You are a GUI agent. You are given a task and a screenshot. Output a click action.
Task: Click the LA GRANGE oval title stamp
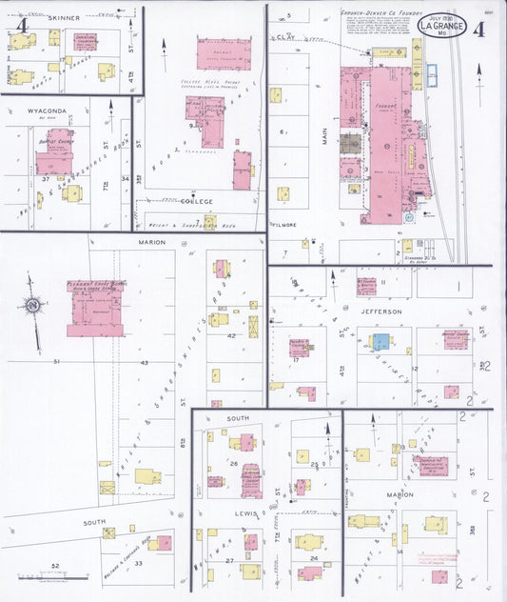coord(442,26)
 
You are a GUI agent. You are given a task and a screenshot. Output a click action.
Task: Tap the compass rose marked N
coord(34,307)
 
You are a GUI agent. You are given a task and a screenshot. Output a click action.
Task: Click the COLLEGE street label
coord(196,202)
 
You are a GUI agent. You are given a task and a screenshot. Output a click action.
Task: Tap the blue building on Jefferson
coord(380,341)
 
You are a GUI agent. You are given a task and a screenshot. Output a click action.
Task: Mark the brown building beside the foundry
coord(351,143)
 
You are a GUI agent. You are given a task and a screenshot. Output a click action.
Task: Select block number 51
coord(57,362)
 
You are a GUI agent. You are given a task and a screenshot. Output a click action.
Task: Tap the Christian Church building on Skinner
coord(86,41)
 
